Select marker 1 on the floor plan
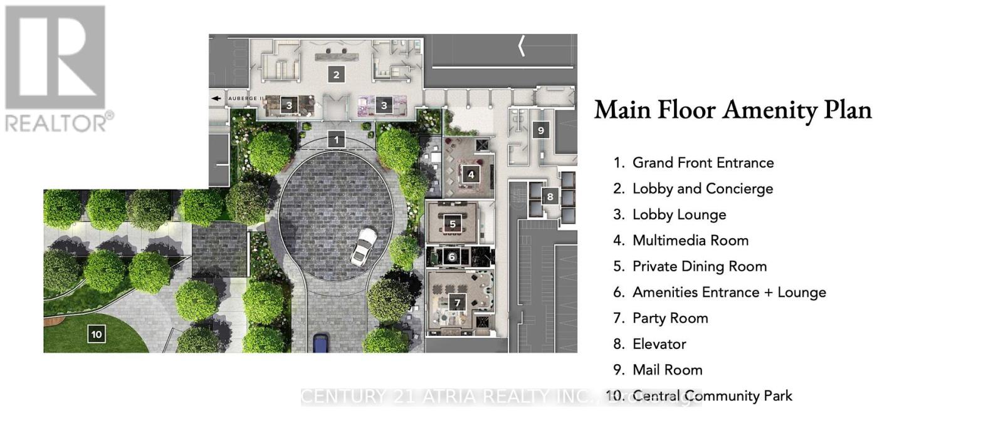click(x=337, y=140)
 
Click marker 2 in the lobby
click(x=337, y=75)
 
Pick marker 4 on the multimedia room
click(x=471, y=175)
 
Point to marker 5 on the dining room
click(x=453, y=224)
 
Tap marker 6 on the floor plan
click(x=452, y=256)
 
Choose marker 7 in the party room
click(x=458, y=303)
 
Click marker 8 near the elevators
click(x=550, y=196)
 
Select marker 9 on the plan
click(x=541, y=130)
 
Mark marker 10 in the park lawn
click(x=96, y=334)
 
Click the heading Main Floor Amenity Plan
click(x=733, y=110)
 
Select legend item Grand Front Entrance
click(x=703, y=163)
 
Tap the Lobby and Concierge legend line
click(x=702, y=189)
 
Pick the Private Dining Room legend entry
click(x=699, y=266)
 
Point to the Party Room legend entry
click(x=670, y=318)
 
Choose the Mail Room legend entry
click(x=667, y=370)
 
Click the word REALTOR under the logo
click(x=56, y=122)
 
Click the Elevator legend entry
click(x=659, y=344)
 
